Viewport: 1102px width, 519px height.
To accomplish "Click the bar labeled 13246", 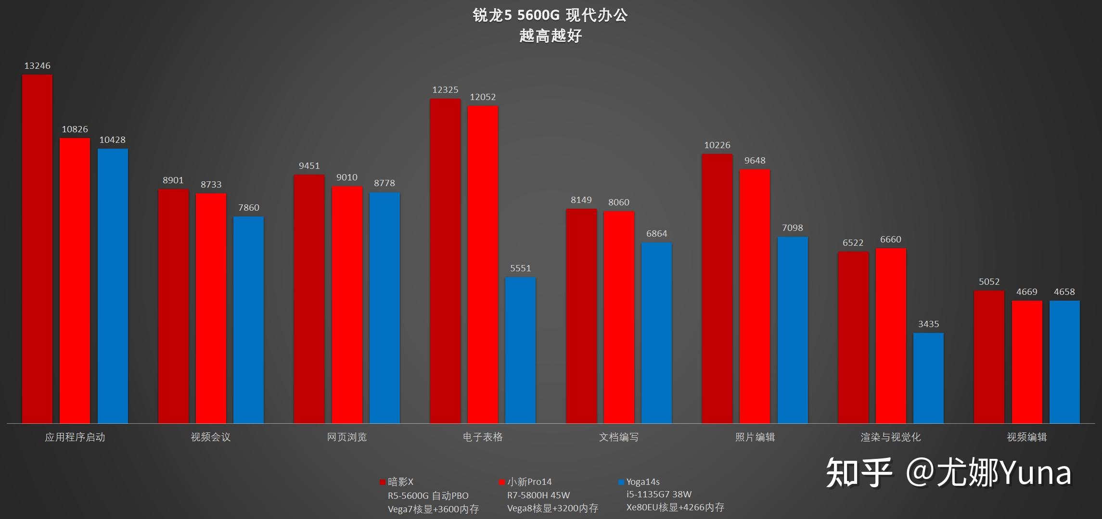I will pos(37,249).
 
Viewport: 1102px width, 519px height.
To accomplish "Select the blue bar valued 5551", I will pos(520,350).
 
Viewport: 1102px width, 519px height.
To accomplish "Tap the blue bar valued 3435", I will pos(928,378).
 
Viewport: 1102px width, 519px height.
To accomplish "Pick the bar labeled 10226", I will pos(717,289).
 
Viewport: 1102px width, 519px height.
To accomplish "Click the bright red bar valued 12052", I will pos(483,265).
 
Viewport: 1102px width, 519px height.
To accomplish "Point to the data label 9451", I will pos(309,166).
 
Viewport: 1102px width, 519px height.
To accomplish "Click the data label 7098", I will pos(792,228).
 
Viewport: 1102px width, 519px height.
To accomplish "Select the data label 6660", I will pos(890,240).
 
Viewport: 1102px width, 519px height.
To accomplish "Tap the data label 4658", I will pos(1064,292).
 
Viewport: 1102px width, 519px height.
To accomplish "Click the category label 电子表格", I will pos(483,437).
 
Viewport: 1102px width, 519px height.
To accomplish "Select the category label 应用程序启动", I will pos(75,437).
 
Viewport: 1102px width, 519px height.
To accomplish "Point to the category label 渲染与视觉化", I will pos(890,437).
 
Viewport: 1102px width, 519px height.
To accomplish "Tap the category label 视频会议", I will pos(211,437).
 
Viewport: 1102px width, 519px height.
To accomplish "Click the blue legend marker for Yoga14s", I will pos(621,482).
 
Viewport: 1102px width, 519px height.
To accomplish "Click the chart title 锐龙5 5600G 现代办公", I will pos(550,15).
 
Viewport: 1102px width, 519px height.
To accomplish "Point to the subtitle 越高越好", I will pos(550,36).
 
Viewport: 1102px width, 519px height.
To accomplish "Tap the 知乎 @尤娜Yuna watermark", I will pos(948,472).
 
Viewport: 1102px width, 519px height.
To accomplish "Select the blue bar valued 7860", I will pos(248,320).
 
